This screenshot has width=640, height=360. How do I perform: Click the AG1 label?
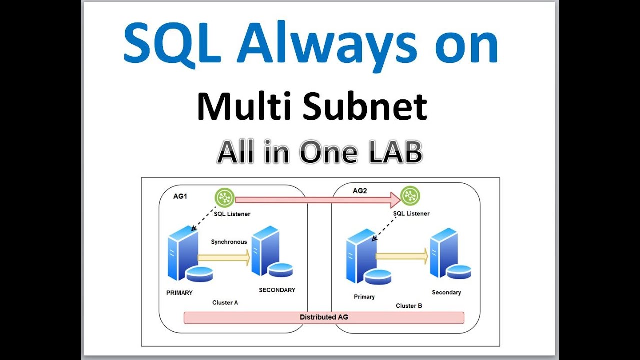(x=180, y=196)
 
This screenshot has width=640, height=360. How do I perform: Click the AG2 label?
(x=360, y=191)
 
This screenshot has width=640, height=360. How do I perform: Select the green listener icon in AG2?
(x=410, y=196)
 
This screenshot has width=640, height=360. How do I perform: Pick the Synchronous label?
(x=229, y=242)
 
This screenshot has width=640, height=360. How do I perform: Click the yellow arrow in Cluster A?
(x=223, y=258)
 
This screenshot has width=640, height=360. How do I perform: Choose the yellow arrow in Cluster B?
(x=401, y=256)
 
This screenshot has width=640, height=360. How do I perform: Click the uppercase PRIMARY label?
(x=179, y=293)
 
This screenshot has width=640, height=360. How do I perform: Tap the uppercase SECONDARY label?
(x=277, y=290)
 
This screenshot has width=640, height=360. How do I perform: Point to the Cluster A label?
(x=225, y=303)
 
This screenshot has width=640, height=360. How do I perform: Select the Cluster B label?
(x=409, y=305)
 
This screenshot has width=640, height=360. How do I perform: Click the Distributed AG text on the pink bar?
(x=324, y=317)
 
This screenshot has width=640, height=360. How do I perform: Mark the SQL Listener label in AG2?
(x=411, y=214)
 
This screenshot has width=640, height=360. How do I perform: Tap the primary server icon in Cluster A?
(x=181, y=253)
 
